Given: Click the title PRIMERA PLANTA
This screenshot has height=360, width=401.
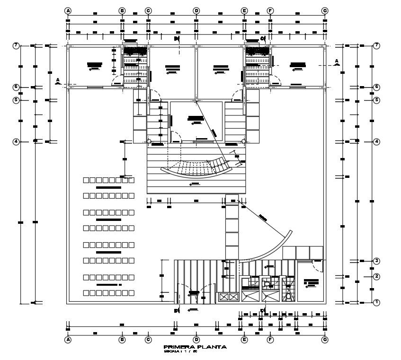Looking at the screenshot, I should point(195,347).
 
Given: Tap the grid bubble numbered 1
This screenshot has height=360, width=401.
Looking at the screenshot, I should point(377,302).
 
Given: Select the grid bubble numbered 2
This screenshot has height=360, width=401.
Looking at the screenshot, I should point(377,276).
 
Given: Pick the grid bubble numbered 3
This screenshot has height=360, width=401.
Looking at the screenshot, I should point(377,261).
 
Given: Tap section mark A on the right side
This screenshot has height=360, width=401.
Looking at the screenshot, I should point(337,61).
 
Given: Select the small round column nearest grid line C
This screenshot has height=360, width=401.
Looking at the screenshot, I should point(149,141).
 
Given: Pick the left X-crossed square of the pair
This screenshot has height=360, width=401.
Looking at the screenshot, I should point(224,297).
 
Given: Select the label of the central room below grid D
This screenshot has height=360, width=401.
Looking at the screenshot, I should point(195,118).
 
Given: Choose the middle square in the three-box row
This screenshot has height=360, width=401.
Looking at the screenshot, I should point(303,253).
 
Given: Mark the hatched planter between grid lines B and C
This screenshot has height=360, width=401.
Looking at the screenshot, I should point(135,51).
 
